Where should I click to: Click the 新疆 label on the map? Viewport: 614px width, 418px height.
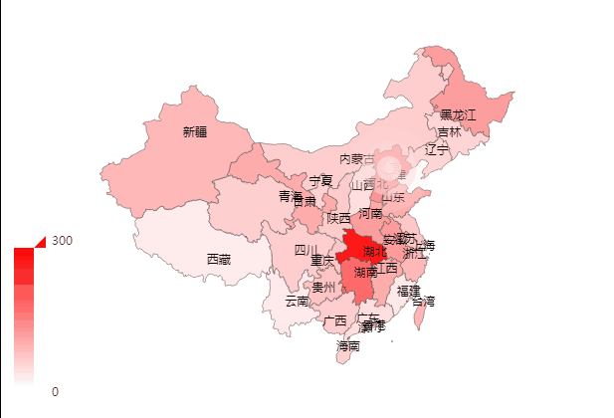(195, 130)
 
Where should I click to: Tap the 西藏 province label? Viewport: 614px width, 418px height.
(218, 259)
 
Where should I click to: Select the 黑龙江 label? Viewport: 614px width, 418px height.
(458, 115)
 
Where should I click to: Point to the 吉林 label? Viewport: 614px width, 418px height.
(449, 132)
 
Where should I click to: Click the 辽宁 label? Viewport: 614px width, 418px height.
(437, 149)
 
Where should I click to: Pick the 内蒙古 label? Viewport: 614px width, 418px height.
(357, 159)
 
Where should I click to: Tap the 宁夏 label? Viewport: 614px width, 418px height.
(320, 181)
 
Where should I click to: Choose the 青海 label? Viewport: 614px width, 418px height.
(290, 196)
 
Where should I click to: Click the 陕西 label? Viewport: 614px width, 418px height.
(338, 217)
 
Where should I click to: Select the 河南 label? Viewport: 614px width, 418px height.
(370, 213)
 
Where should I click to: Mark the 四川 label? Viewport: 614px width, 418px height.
(306, 250)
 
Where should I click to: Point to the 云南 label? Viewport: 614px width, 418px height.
(297, 301)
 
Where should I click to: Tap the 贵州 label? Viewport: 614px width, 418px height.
(323, 287)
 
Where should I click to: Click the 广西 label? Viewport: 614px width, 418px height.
(334, 320)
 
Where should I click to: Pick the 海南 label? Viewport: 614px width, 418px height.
(347, 346)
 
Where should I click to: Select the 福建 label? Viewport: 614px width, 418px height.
(408, 291)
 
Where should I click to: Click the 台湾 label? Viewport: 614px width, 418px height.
(423, 301)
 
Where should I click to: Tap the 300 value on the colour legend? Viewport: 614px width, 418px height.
(62, 241)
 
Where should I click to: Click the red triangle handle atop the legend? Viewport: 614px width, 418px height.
(41, 241)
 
